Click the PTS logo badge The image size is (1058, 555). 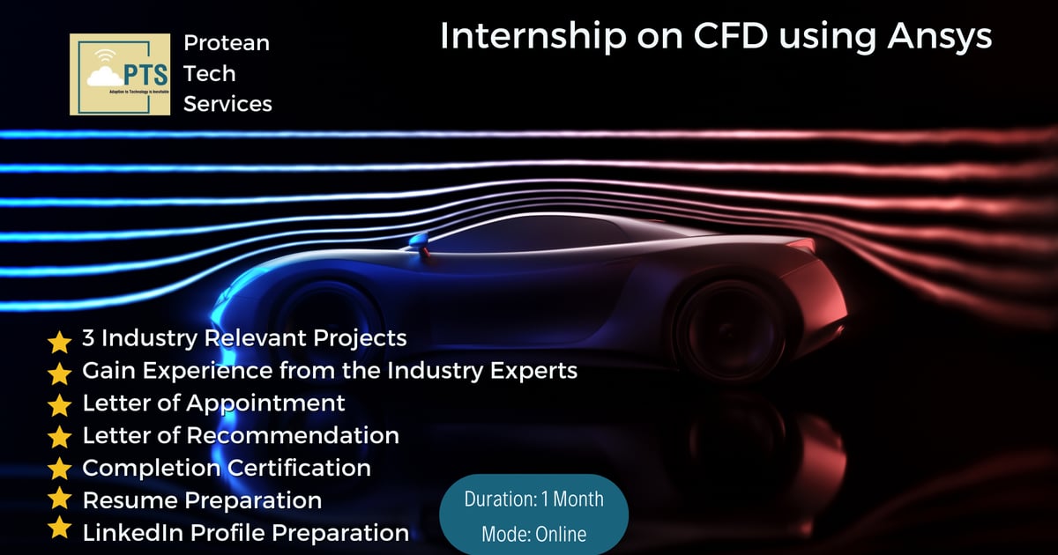120,75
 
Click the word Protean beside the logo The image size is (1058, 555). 227,42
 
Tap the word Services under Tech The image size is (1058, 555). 227,104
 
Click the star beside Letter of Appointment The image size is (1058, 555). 59,405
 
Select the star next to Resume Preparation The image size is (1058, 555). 59,499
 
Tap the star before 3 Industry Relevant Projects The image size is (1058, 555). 59,340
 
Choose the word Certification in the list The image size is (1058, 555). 299,467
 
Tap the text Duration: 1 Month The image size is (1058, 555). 534,499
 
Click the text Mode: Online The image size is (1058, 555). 534,534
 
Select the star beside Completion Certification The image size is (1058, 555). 59,468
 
